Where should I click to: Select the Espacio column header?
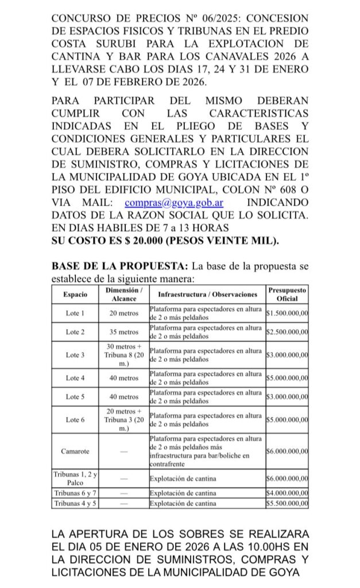[x=75, y=294]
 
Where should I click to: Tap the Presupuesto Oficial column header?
[x=287, y=294]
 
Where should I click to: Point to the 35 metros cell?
[x=124, y=332]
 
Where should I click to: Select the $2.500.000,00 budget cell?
[x=287, y=332]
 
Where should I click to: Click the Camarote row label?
[x=75, y=451]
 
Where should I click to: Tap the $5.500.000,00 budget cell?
[x=287, y=504]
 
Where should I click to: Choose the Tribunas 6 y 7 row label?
[x=75, y=494]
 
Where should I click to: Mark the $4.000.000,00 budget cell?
[x=287, y=494]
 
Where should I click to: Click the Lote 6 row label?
[x=75, y=420]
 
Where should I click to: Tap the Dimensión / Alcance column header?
[x=124, y=294]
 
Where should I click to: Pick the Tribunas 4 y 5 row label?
[x=75, y=504]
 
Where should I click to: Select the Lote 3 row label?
[x=75, y=355]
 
